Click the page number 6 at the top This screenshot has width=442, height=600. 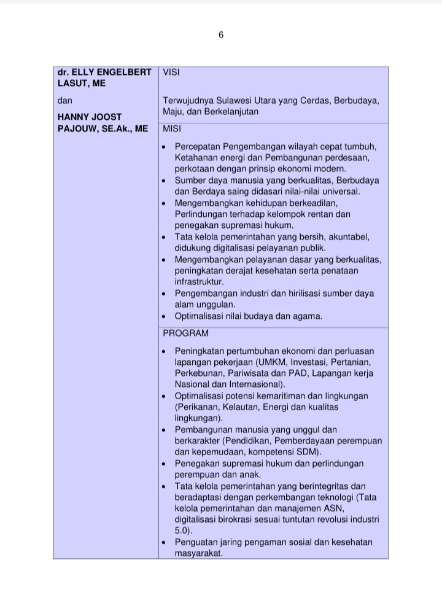point(221,35)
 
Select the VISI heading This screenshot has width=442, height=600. point(171,72)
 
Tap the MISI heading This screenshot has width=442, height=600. point(172,130)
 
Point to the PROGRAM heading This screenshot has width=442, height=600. point(185,333)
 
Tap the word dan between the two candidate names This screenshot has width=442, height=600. point(64,100)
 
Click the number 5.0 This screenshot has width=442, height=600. point(182,531)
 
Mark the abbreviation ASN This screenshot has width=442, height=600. point(332,508)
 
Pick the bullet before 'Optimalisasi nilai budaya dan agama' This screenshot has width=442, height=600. point(163,317)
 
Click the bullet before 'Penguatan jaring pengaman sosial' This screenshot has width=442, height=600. point(163,543)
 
